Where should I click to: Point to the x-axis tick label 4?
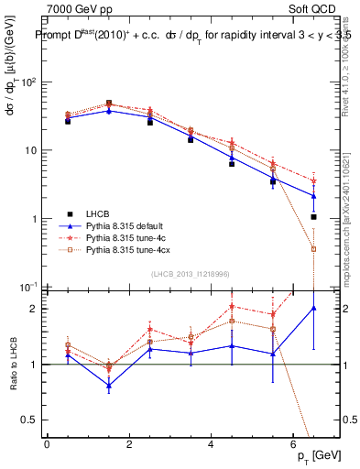click(x=212, y=443)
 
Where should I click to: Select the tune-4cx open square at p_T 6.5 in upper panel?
click(x=314, y=249)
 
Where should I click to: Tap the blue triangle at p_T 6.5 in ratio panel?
click(x=314, y=309)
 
